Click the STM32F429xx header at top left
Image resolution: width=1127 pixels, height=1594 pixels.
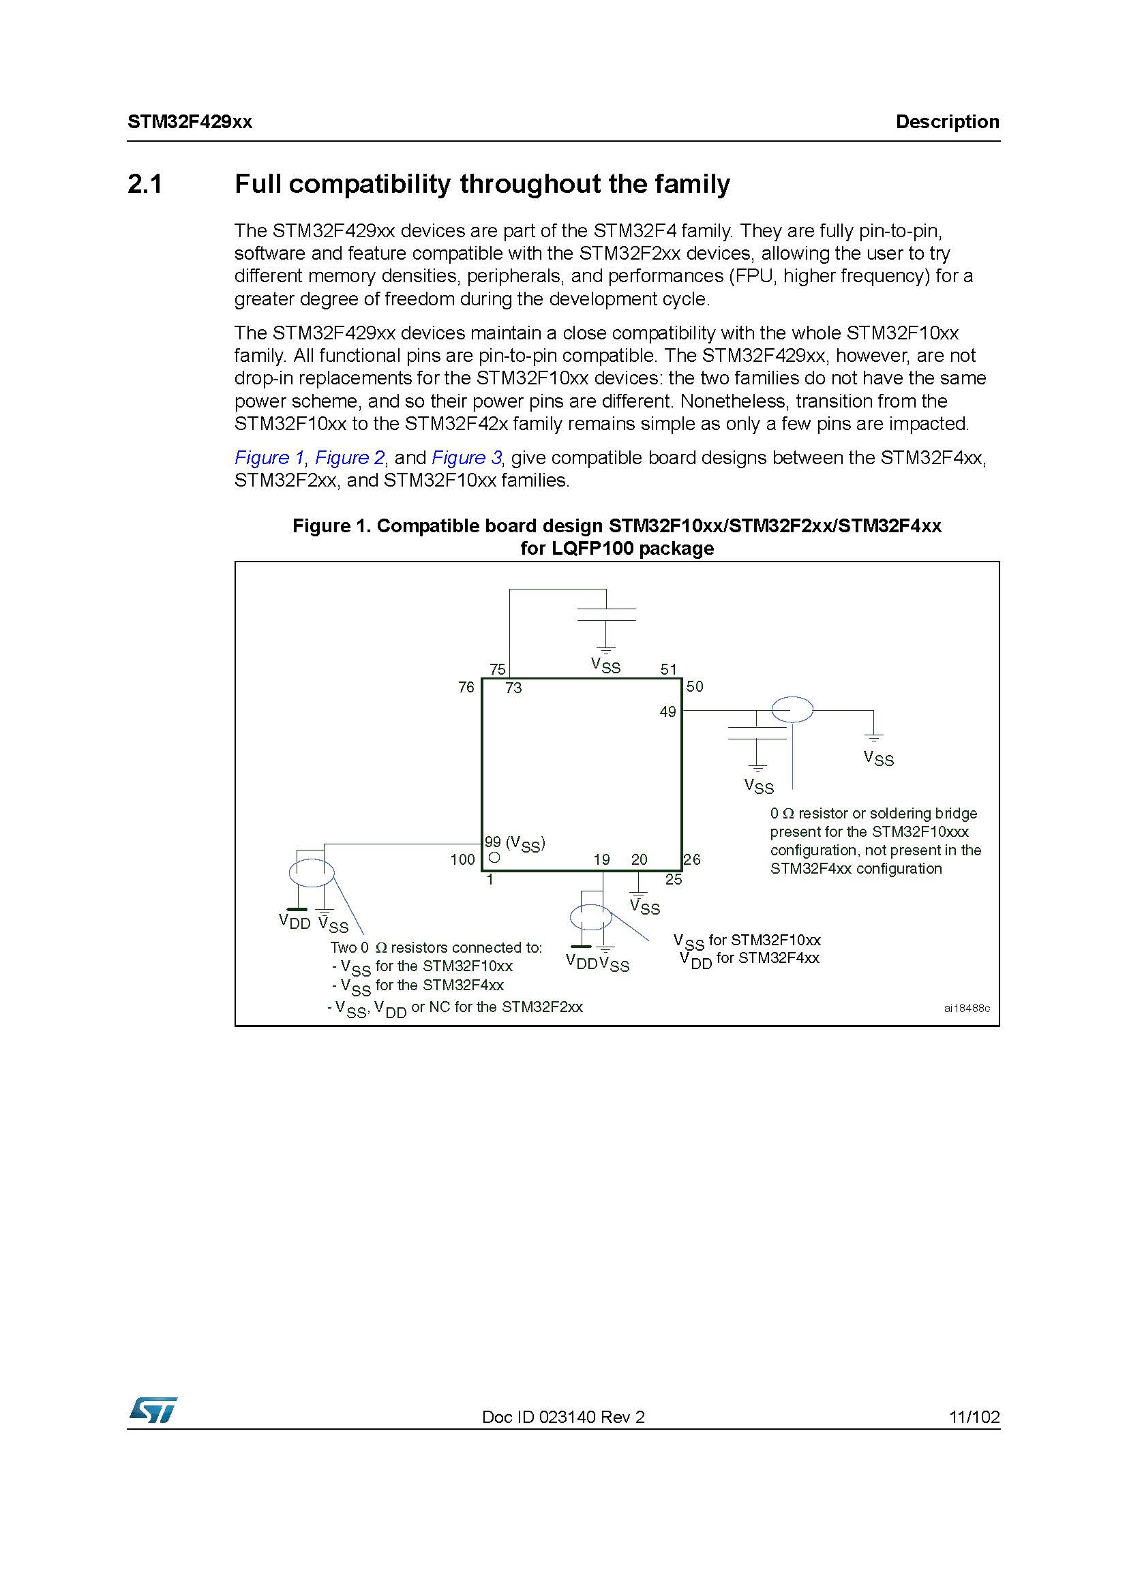point(190,122)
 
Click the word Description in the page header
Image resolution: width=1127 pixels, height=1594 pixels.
point(947,122)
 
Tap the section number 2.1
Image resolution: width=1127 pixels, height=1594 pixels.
point(145,184)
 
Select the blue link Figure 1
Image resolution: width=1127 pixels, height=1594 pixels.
point(269,457)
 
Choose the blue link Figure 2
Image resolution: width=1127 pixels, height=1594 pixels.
point(349,457)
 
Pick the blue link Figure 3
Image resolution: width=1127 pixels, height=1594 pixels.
point(466,457)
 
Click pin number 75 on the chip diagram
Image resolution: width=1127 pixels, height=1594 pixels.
point(498,669)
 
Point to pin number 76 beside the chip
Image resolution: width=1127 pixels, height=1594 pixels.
point(466,687)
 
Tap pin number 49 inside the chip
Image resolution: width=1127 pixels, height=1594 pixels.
point(667,711)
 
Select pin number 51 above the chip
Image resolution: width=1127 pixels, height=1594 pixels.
point(668,669)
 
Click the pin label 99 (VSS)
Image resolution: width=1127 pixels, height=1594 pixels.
point(515,843)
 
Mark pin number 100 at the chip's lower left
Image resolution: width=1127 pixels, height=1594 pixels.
point(462,859)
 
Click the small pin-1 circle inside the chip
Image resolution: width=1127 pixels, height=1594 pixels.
point(494,858)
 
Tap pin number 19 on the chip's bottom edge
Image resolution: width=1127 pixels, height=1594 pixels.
point(601,859)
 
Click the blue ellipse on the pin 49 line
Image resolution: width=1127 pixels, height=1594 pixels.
point(792,710)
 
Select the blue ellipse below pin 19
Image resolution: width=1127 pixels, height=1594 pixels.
point(591,917)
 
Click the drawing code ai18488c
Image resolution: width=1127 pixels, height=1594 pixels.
point(967,1008)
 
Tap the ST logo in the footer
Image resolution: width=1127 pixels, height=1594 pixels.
point(153,1410)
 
